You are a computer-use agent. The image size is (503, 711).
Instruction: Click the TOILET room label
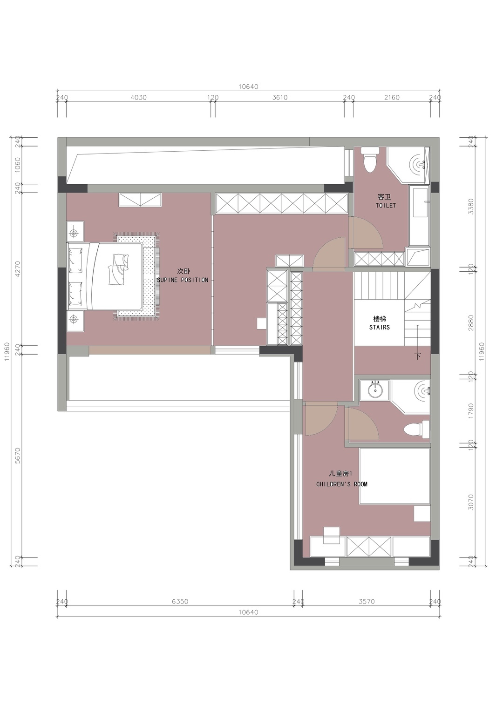pos(386,205)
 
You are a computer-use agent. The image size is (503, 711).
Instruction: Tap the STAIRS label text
pos(380,327)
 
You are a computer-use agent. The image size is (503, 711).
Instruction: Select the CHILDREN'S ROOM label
pos(342,484)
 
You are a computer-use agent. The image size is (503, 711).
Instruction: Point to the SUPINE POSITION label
pos(183,280)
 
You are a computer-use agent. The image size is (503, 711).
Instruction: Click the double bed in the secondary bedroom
pos(104,276)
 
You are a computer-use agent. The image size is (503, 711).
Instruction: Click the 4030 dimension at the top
pos(138,98)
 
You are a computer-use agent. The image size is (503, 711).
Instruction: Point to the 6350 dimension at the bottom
pos(180,602)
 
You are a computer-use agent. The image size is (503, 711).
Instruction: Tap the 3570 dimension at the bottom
pos(367,602)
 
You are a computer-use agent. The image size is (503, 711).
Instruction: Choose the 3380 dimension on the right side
pos(471,206)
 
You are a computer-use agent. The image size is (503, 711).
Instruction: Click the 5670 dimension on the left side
pos(18,456)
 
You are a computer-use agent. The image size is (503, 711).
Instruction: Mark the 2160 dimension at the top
pos(392,98)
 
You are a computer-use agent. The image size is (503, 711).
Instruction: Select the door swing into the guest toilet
pos(366,233)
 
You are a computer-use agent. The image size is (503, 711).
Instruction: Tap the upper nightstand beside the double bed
pos(75,233)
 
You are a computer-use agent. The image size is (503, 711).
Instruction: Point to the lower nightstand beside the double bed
pos(75,321)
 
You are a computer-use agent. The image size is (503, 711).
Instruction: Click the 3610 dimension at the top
pos(280,98)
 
